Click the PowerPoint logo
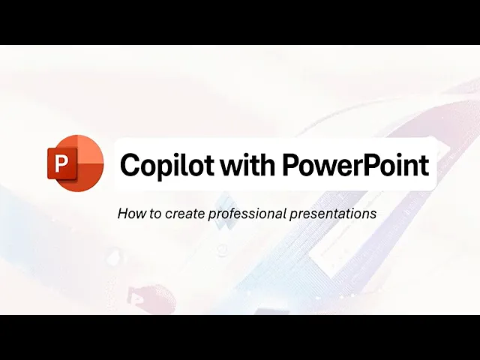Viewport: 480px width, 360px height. pyautogui.click(x=76, y=163)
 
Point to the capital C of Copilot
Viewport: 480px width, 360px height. pyautogui.click(x=130, y=164)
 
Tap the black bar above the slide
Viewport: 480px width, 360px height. pyautogui.click(x=240, y=22)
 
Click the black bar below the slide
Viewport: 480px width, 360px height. pyautogui.click(x=240, y=337)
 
